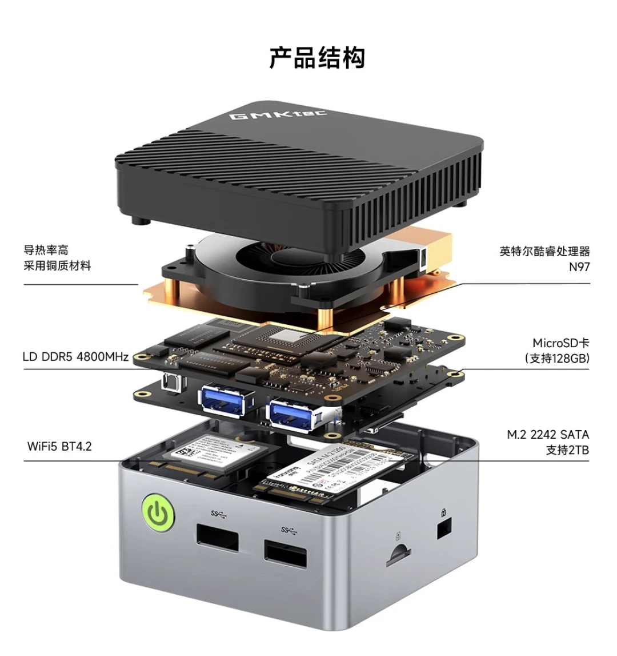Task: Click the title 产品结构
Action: click(x=317, y=58)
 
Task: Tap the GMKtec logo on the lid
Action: click(x=278, y=115)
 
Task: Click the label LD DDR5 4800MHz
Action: click(x=75, y=357)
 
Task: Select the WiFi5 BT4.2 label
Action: click(x=59, y=446)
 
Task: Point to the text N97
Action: click(x=579, y=267)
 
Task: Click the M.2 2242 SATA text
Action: click(x=548, y=435)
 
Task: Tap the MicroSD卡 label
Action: click(x=560, y=343)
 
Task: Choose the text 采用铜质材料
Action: click(x=57, y=265)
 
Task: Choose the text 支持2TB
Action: click(x=567, y=450)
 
